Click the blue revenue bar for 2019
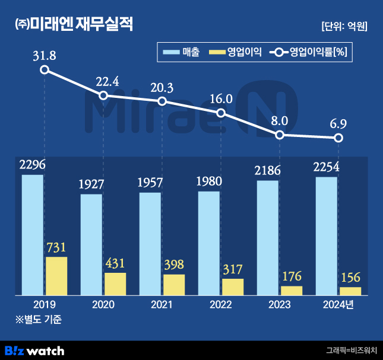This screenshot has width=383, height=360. (x=33, y=235)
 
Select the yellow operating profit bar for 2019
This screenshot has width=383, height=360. (x=56, y=276)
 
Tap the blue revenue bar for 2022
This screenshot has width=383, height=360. (x=208, y=243)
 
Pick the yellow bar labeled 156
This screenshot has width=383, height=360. (x=350, y=291)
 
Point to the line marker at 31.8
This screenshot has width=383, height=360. (x=45, y=70)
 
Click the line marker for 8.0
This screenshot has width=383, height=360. (x=280, y=135)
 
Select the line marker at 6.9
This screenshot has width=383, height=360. (x=338, y=138)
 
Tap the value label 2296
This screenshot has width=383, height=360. (x=33, y=165)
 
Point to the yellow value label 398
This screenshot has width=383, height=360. (x=174, y=265)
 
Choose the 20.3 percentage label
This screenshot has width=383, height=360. (x=162, y=88)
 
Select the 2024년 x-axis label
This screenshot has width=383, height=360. (x=338, y=305)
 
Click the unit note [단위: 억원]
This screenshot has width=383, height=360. (x=344, y=26)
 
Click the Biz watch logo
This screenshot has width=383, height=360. (x=34, y=350)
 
